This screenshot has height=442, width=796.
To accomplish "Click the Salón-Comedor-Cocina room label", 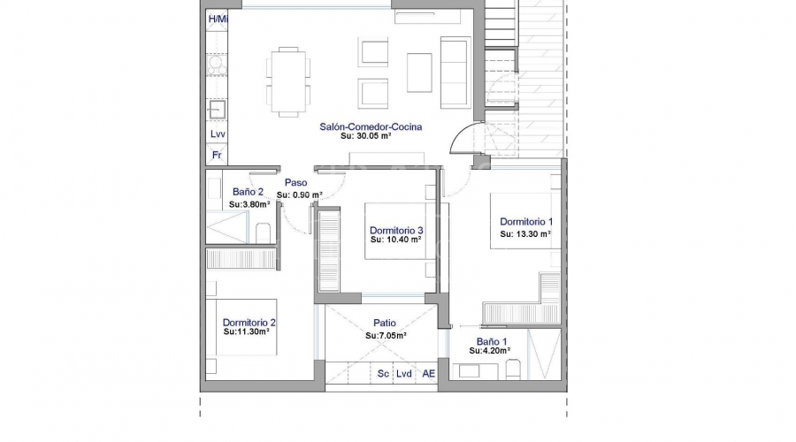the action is [x=371, y=127].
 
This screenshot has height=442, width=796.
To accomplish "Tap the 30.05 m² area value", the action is [x=372, y=136].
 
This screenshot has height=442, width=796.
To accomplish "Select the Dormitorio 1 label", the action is [x=526, y=222].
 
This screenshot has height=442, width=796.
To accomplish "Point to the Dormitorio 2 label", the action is [x=249, y=323].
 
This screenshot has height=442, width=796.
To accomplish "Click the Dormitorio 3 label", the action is [x=396, y=231].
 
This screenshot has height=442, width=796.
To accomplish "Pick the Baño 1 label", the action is [x=492, y=342].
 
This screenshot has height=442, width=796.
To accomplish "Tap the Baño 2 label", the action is [x=248, y=192].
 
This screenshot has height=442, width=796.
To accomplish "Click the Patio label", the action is [x=385, y=323].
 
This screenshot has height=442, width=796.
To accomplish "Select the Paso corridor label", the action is [x=295, y=183].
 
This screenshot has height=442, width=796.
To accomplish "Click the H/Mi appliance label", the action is [x=218, y=19].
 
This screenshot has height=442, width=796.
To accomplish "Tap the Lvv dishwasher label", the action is [x=218, y=134].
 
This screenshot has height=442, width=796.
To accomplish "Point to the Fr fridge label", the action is [x=217, y=155].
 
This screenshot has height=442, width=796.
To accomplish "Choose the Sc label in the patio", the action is [x=383, y=374].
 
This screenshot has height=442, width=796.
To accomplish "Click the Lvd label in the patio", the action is [x=404, y=374].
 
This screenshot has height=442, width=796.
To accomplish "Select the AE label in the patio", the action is [x=429, y=374].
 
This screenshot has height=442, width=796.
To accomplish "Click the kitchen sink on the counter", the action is [x=218, y=109].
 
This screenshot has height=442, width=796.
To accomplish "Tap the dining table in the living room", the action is [x=288, y=81].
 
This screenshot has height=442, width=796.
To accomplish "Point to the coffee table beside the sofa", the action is [x=419, y=73].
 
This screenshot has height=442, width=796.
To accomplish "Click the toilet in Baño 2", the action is [x=263, y=232].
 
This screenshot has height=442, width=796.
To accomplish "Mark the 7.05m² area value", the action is [x=386, y=336].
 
